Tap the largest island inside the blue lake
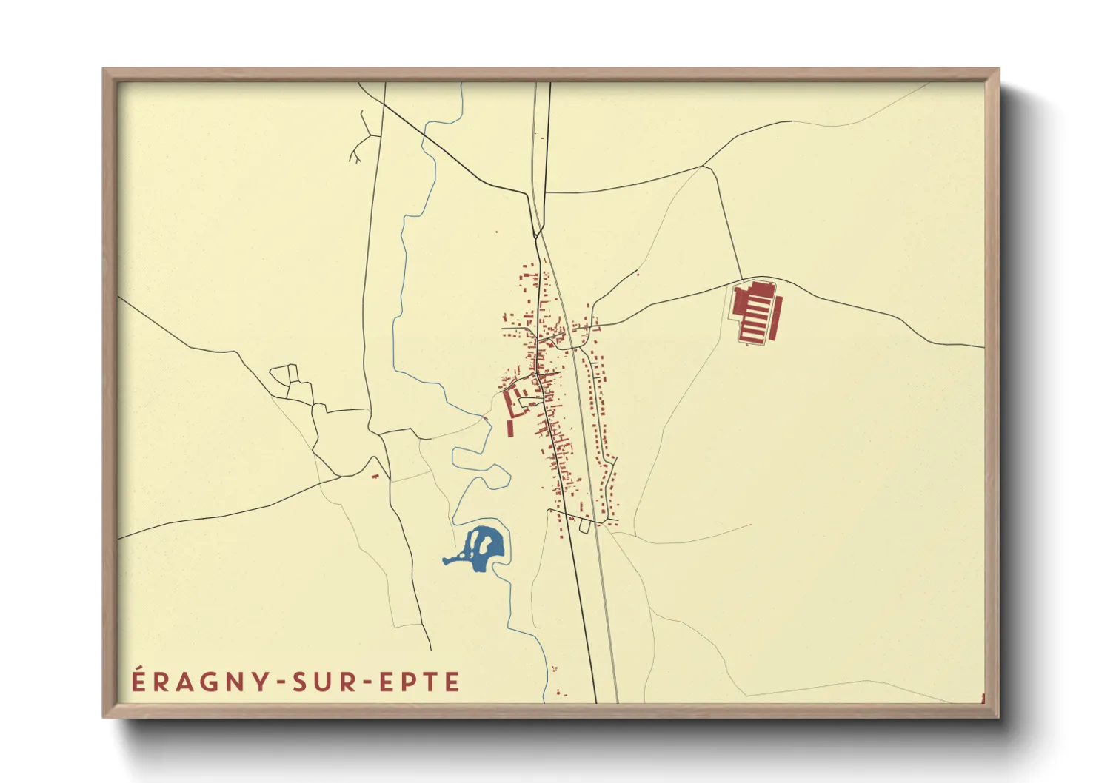tap(482, 545)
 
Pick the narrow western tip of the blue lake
tap(447, 560)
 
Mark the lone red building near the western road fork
tap(375, 477)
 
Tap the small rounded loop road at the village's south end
tap(584, 526)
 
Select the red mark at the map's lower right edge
tap(983, 698)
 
